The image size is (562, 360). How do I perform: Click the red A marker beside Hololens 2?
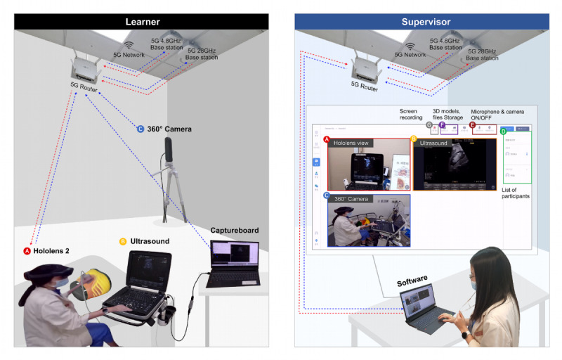pyautogui.click(x=27, y=250)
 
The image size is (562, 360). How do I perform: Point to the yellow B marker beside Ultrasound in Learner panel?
pyautogui.click(x=123, y=242)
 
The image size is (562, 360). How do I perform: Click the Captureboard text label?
pyautogui.click(x=234, y=231)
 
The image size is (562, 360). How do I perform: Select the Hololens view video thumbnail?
pyautogui.click(x=365, y=165)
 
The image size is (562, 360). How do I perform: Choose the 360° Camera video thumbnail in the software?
pyautogui.click(x=365, y=219)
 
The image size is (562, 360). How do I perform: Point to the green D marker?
pyautogui.click(x=502, y=130)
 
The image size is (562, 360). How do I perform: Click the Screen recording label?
pyautogui.click(x=408, y=114)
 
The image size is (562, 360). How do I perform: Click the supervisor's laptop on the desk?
pyautogui.click(x=429, y=308)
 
